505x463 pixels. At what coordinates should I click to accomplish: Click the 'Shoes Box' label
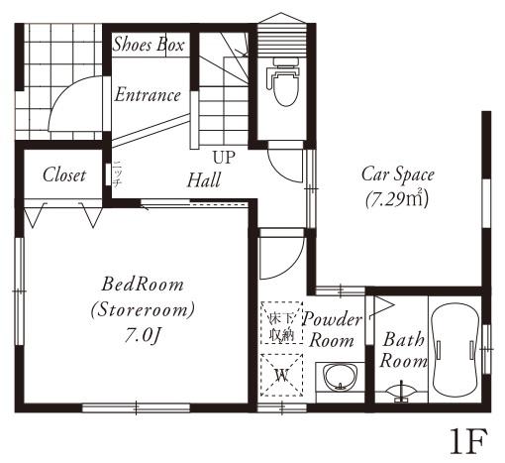point(150,44)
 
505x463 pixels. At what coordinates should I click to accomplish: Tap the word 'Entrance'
point(148,95)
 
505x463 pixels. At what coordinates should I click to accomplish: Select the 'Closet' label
point(64,174)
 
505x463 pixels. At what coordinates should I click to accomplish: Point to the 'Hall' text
point(204,180)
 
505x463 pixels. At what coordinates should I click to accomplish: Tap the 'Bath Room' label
point(403,349)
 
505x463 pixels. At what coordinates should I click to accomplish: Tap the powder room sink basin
point(338,381)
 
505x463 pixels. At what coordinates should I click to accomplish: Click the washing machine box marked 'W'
point(280,375)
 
